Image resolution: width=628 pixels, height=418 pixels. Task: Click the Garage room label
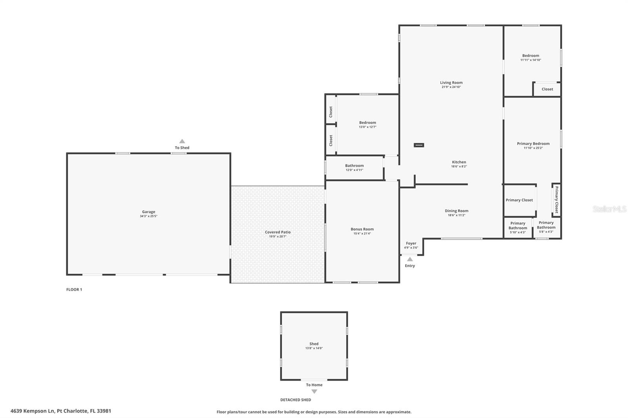tap(148, 212)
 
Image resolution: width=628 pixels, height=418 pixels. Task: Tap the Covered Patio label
tap(277, 232)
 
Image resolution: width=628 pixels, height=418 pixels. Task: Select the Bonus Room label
tap(362, 229)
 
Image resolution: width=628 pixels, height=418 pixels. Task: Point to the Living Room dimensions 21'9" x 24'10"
tap(451, 87)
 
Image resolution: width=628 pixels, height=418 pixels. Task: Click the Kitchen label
tap(459, 162)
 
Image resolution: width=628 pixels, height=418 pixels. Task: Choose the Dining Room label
tap(456, 211)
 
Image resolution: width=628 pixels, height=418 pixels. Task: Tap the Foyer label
tap(411, 244)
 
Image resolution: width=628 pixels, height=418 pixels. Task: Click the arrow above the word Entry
tap(410, 259)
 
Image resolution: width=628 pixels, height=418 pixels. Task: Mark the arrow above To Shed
tap(182, 141)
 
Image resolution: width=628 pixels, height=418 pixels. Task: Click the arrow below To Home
tap(314, 391)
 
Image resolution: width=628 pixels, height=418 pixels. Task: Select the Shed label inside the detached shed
tap(314, 344)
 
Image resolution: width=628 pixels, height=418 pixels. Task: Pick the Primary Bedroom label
tap(533, 144)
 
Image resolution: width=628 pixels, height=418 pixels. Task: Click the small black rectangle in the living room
tap(419, 145)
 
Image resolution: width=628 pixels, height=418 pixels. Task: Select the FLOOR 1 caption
tap(74, 290)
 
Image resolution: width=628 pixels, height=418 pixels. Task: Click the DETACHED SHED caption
tap(296, 400)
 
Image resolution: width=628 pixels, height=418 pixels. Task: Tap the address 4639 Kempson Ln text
tap(61, 411)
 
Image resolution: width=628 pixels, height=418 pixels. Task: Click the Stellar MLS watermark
tap(609, 209)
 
